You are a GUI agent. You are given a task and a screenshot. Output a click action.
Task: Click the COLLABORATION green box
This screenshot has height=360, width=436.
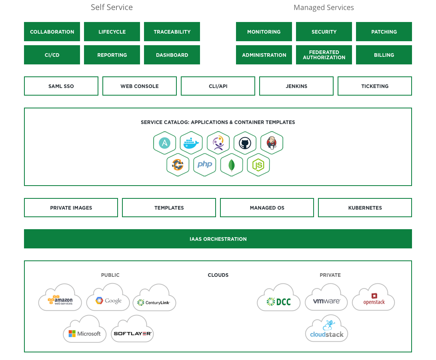point(52,32)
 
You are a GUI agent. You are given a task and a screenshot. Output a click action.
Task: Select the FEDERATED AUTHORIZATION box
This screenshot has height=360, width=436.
point(324,55)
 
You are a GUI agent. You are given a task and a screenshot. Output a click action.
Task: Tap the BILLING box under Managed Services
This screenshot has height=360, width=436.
point(384,55)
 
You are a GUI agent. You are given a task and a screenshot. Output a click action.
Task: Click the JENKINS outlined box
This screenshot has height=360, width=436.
point(296,86)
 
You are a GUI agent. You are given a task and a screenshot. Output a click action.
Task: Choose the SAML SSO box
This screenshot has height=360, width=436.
point(61,86)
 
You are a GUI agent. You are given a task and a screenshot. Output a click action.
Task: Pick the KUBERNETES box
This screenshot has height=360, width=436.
point(365,208)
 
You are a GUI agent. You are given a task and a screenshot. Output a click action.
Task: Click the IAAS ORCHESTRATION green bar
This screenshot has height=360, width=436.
point(218,239)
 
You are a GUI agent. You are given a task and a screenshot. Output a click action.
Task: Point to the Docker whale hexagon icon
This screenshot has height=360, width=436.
point(191,143)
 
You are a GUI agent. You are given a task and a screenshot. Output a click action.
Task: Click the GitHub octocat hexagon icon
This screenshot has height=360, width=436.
point(245,143)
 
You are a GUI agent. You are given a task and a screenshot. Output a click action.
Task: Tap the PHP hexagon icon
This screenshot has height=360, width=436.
point(205,164)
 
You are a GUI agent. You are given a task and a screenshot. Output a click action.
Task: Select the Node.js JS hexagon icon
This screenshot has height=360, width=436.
point(258,164)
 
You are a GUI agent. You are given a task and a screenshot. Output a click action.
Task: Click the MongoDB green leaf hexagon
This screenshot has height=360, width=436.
point(232,164)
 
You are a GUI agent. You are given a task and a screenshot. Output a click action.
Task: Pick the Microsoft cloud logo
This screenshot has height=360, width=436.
point(85,330)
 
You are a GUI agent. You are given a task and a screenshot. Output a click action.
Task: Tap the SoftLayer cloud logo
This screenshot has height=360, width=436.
point(132,330)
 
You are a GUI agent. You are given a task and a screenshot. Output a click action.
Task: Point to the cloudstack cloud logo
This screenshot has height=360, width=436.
point(326,330)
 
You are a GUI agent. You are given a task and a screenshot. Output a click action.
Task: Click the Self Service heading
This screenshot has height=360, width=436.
point(112,7)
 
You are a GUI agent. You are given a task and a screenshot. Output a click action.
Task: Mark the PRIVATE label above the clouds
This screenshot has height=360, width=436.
point(330,275)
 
